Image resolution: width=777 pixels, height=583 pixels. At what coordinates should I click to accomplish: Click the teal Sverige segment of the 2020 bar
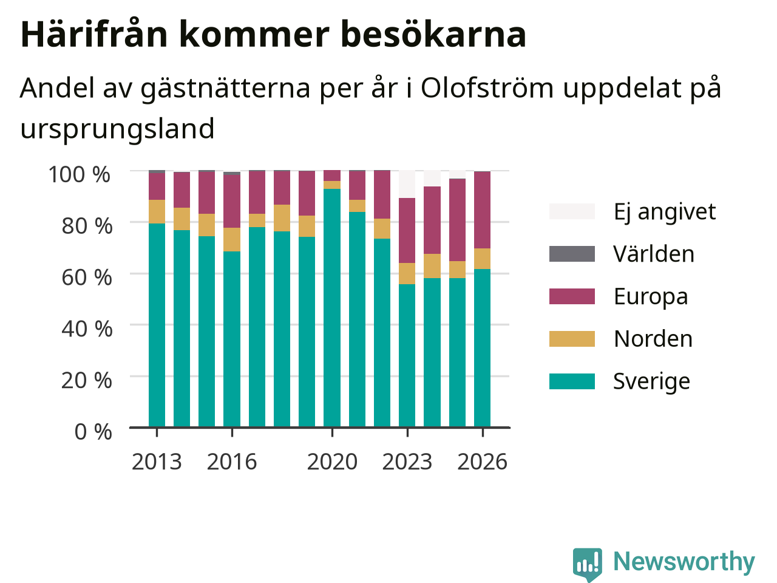331,308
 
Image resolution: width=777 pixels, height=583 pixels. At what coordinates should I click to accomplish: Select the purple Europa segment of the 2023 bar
407,230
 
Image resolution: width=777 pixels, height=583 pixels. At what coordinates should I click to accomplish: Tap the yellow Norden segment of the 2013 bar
157,211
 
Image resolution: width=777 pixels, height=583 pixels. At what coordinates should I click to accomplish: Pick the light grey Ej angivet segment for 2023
407,184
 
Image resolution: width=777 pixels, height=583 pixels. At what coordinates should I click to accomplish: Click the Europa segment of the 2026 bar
482,210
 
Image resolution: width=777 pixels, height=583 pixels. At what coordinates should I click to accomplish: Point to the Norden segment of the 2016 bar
232,239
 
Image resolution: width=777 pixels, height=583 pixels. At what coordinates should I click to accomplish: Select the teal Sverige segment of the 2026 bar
482,348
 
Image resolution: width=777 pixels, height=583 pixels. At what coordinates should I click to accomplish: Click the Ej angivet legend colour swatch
572,211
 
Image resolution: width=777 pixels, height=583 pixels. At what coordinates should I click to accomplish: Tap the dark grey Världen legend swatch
572,254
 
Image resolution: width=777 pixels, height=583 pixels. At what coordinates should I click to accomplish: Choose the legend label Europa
651,296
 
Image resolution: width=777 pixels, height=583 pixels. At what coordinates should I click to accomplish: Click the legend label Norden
653,339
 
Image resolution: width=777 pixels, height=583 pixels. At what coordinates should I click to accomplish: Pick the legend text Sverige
651,381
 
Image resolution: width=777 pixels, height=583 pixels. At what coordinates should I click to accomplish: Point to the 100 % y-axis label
80,174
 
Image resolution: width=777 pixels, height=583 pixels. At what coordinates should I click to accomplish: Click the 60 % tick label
87,278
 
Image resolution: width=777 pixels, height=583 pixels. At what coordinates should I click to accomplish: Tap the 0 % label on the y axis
93,432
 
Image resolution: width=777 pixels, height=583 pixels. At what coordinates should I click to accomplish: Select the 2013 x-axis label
157,462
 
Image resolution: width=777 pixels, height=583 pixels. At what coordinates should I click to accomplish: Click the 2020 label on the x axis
332,462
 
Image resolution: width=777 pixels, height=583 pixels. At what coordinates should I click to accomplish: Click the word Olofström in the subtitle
487,88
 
